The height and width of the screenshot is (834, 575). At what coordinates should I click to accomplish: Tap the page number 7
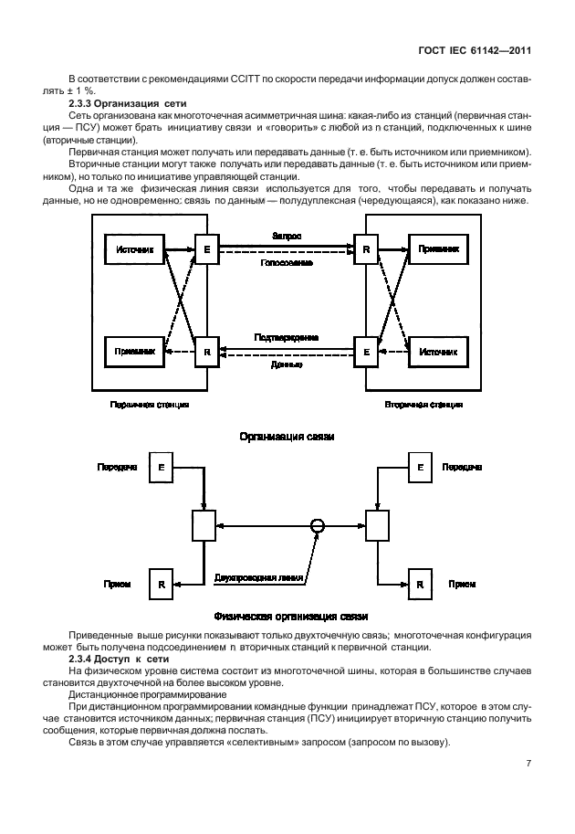pos(528,760)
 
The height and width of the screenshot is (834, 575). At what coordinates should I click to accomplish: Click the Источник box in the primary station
pos(136,248)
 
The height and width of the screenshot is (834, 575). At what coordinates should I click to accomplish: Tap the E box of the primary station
pos(207,248)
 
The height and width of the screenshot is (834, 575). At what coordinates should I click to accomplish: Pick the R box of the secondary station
pos(366,248)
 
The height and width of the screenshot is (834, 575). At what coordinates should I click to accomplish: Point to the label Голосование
pos(287,261)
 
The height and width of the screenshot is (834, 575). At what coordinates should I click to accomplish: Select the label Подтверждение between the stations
pos(287,336)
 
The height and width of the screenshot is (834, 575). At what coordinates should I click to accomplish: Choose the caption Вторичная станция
pos(423,403)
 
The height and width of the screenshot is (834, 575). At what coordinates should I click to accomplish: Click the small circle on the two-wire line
pos(317,525)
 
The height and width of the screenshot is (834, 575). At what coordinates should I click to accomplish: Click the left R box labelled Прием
pos(161,582)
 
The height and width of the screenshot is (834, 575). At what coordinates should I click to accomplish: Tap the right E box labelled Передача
pos(419,467)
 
